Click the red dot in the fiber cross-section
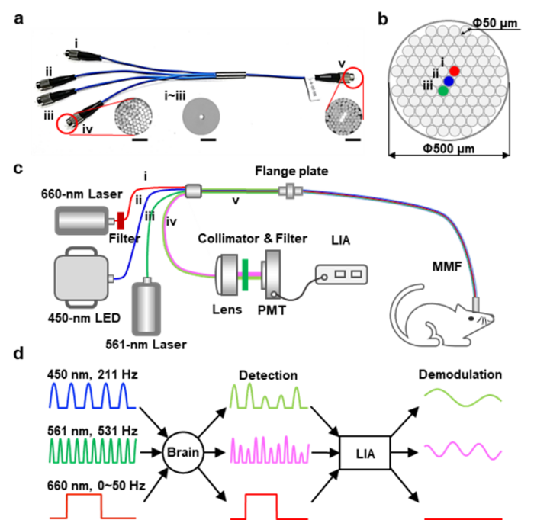point(455,71)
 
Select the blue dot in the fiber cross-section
point(449,81)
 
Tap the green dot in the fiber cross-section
point(443,91)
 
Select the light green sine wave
point(462,396)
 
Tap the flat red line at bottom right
point(462,518)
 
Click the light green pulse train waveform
point(269,396)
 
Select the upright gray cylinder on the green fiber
point(146,308)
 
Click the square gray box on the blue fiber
point(81,281)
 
